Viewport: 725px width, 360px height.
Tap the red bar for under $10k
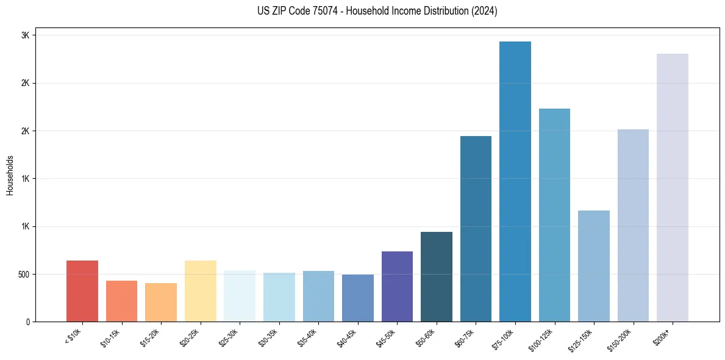[x=82, y=291]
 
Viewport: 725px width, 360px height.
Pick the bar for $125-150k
[x=594, y=266]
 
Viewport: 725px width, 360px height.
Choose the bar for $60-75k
[x=476, y=229]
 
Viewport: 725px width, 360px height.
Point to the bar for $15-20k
[x=161, y=302]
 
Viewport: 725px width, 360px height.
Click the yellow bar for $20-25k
[x=201, y=291]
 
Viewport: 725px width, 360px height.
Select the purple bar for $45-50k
[x=397, y=286]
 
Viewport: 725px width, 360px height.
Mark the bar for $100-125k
[x=554, y=215]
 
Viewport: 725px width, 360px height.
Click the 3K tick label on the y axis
[x=25, y=35]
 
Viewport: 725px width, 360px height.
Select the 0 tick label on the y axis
[x=27, y=322]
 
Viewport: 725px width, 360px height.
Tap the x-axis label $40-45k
[x=346, y=337]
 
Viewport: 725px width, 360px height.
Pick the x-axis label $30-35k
[x=268, y=337]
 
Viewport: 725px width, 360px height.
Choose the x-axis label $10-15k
[x=110, y=337]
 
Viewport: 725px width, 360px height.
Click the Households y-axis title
[x=10, y=175]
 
